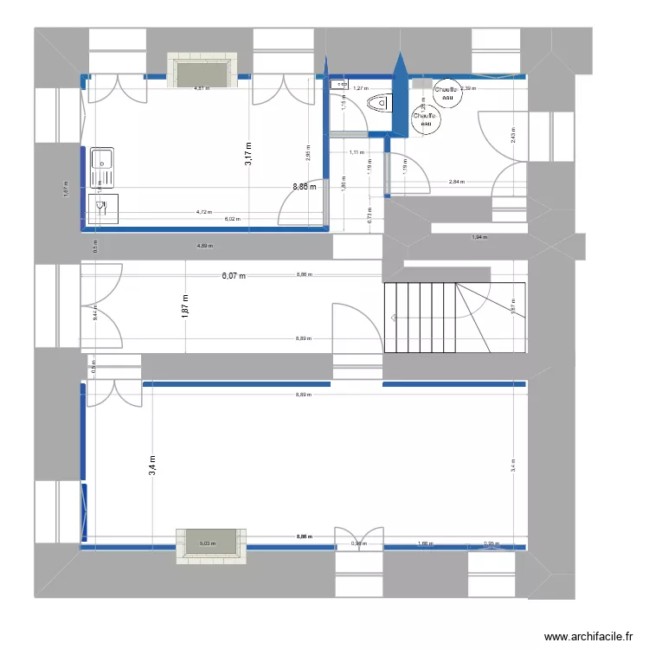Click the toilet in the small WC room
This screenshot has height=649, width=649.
[x=378, y=105]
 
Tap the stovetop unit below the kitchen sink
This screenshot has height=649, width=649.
[x=100, y=209]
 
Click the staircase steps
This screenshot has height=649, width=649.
[x=420, y=317]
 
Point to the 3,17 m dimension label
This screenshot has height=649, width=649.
[x=248, y=154]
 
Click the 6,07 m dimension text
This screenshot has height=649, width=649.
[x=234, y=276]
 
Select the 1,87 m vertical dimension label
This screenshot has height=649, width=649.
[x=186, y=306]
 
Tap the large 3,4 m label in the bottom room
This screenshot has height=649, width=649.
[x=151, y=466]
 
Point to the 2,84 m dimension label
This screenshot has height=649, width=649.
[x=456, y=182]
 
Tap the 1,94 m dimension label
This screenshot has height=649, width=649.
[x=479, y=237]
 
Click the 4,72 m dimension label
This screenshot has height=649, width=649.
[x=203, y=211]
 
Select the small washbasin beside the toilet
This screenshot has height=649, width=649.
[x=338, y=85]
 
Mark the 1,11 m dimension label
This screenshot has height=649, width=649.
[x=356, y=152]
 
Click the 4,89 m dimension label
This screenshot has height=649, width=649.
[x=203, y=246]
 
